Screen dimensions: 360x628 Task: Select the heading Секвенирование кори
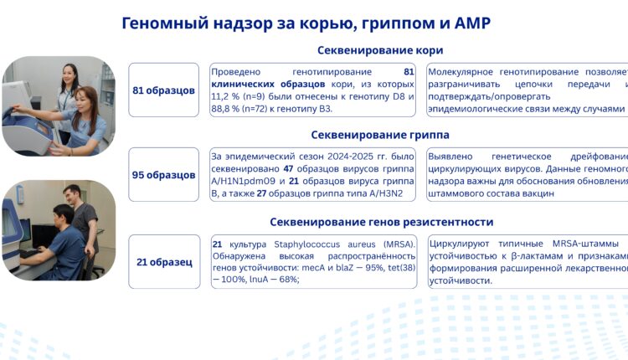(380, 50)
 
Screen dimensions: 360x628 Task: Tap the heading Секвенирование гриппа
(380, 134)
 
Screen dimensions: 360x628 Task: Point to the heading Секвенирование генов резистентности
(381, 222)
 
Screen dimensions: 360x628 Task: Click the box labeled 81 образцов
(164, 90)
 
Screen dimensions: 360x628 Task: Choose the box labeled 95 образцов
(164, 175)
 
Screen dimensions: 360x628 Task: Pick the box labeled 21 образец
(164, 262)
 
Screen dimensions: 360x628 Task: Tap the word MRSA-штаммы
(589, 244)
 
